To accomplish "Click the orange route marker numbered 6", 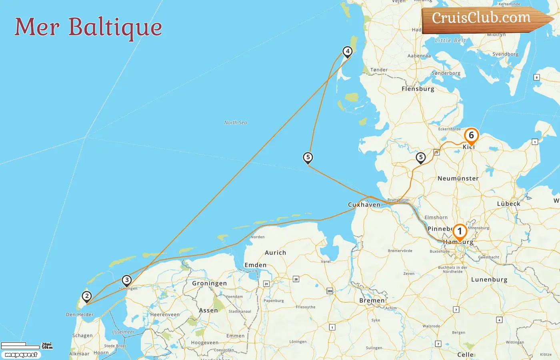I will click(471, 136).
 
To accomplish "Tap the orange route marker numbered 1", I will click(460, 231).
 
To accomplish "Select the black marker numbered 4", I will click(348, 52).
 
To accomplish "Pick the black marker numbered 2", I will click(87, 296).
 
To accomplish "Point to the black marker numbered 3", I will click(127, 280).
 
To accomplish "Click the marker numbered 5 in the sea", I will click(308, 158).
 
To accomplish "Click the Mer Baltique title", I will click(88, 27).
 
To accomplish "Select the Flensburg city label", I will click(418, 89).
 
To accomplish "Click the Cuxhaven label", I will click(364, 205).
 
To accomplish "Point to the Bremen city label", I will click(372, 300).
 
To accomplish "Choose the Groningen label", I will click(209, 283).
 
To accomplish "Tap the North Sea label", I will click(236, 122).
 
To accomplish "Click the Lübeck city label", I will click(508, 204).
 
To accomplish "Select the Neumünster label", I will click(458, 178).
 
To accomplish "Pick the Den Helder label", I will click(80, 314).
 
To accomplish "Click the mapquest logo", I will click(21, 355).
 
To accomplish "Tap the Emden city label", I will click(255, 265).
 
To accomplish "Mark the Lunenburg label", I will click(489, 280).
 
